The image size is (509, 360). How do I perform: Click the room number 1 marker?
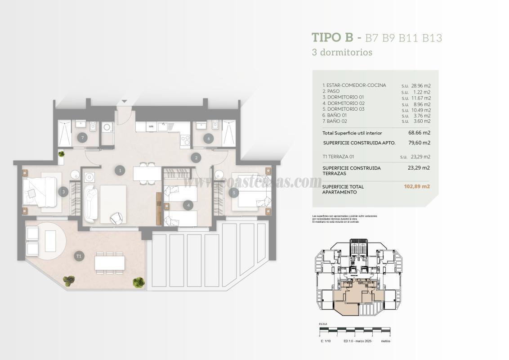click(x=120, y=170)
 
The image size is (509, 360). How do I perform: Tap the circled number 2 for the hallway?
click(x=196, y=157)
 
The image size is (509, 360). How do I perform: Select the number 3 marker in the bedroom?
click(x=64, y=192)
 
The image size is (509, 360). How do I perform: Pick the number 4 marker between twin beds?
click(x=188, y=205)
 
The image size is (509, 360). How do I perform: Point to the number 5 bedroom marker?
click(x=233, y=193)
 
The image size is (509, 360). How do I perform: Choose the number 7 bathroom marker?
click(x=82, y=138)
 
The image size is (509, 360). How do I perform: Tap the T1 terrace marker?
click(x=79, y=256)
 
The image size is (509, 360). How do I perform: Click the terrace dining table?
click(x=109, y=262)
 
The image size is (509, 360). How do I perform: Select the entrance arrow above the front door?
click(x=125, y=102)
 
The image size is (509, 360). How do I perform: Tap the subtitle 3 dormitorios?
click(x=342, y=52)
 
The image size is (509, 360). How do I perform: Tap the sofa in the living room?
click(x=90, y=203)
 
